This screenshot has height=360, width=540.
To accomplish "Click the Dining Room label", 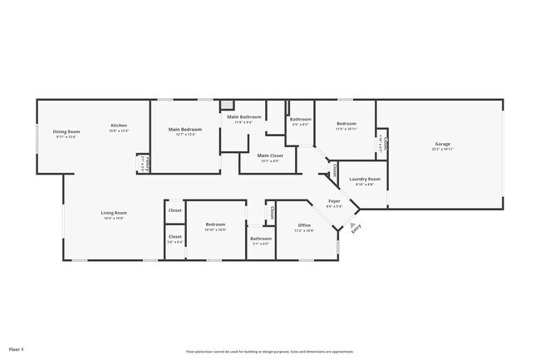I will [x=66, y=131].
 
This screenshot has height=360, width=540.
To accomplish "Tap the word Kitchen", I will [x=119, y=126].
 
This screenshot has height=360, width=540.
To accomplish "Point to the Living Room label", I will [x=114, y=213].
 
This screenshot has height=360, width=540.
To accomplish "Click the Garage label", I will [x=442, y=144].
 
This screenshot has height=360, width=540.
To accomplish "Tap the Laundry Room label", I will [x=365, y=179].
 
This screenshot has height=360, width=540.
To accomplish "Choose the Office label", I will [x=304, y=225].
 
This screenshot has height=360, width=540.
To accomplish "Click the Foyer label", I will [x=334, y=200].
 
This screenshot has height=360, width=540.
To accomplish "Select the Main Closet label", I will [x=270, y=155].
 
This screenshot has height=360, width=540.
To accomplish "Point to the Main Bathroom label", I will [x=245, y=117].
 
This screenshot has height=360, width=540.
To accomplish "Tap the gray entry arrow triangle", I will [x=351, y=225].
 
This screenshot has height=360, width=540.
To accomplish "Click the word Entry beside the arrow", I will [x=356, y=230].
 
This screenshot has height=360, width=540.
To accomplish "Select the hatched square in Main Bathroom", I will [x=227, y=106].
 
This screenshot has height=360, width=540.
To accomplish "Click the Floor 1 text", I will [x=17, y=349].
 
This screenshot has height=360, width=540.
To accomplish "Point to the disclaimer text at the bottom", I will [x=269, y=351].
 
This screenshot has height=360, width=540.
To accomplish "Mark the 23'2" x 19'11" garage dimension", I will [x=442, y=150].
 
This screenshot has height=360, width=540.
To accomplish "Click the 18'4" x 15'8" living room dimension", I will [x=114, y=219].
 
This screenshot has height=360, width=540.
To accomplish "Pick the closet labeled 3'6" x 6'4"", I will [x=175, y=242].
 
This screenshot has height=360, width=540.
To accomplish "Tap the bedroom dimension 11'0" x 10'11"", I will [x=346, y=129].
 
